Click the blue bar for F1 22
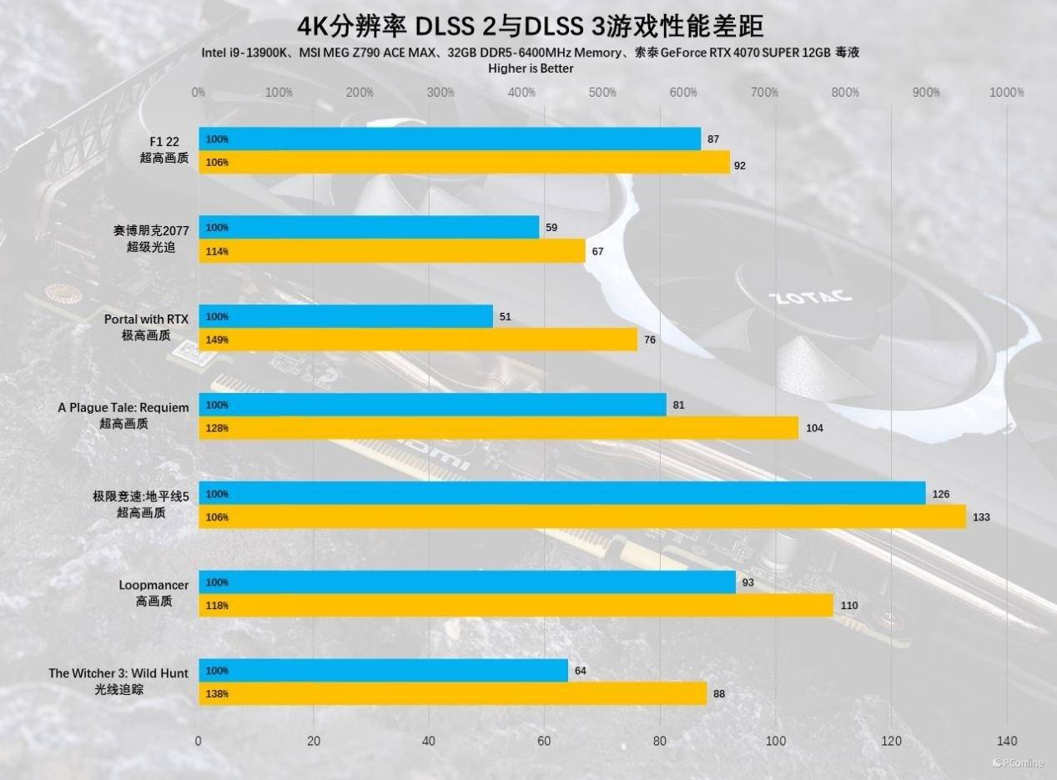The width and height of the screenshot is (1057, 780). [450, 139]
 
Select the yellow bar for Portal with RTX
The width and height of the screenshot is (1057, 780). [418, 340]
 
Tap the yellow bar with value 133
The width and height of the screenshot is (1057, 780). [582, 517]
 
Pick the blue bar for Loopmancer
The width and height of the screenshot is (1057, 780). [467, 582]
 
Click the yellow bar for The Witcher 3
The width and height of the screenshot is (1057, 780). [452, 693]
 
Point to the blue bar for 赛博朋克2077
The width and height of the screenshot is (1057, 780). [369, 228]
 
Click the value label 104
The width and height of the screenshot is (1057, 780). [814, 428]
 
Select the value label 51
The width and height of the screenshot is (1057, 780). [505, 317]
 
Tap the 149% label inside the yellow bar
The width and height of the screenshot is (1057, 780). [217, 340]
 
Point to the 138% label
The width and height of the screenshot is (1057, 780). [217, 693]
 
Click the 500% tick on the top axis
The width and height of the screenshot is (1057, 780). [601, 93]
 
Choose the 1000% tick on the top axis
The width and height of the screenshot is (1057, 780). [1006, 93]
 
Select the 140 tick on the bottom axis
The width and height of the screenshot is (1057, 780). [1006, 741]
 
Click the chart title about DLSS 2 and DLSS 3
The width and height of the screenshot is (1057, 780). [530, 26]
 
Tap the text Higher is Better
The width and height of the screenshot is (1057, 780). [531, 68]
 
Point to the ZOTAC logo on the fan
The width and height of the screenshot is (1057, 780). [810, 296]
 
